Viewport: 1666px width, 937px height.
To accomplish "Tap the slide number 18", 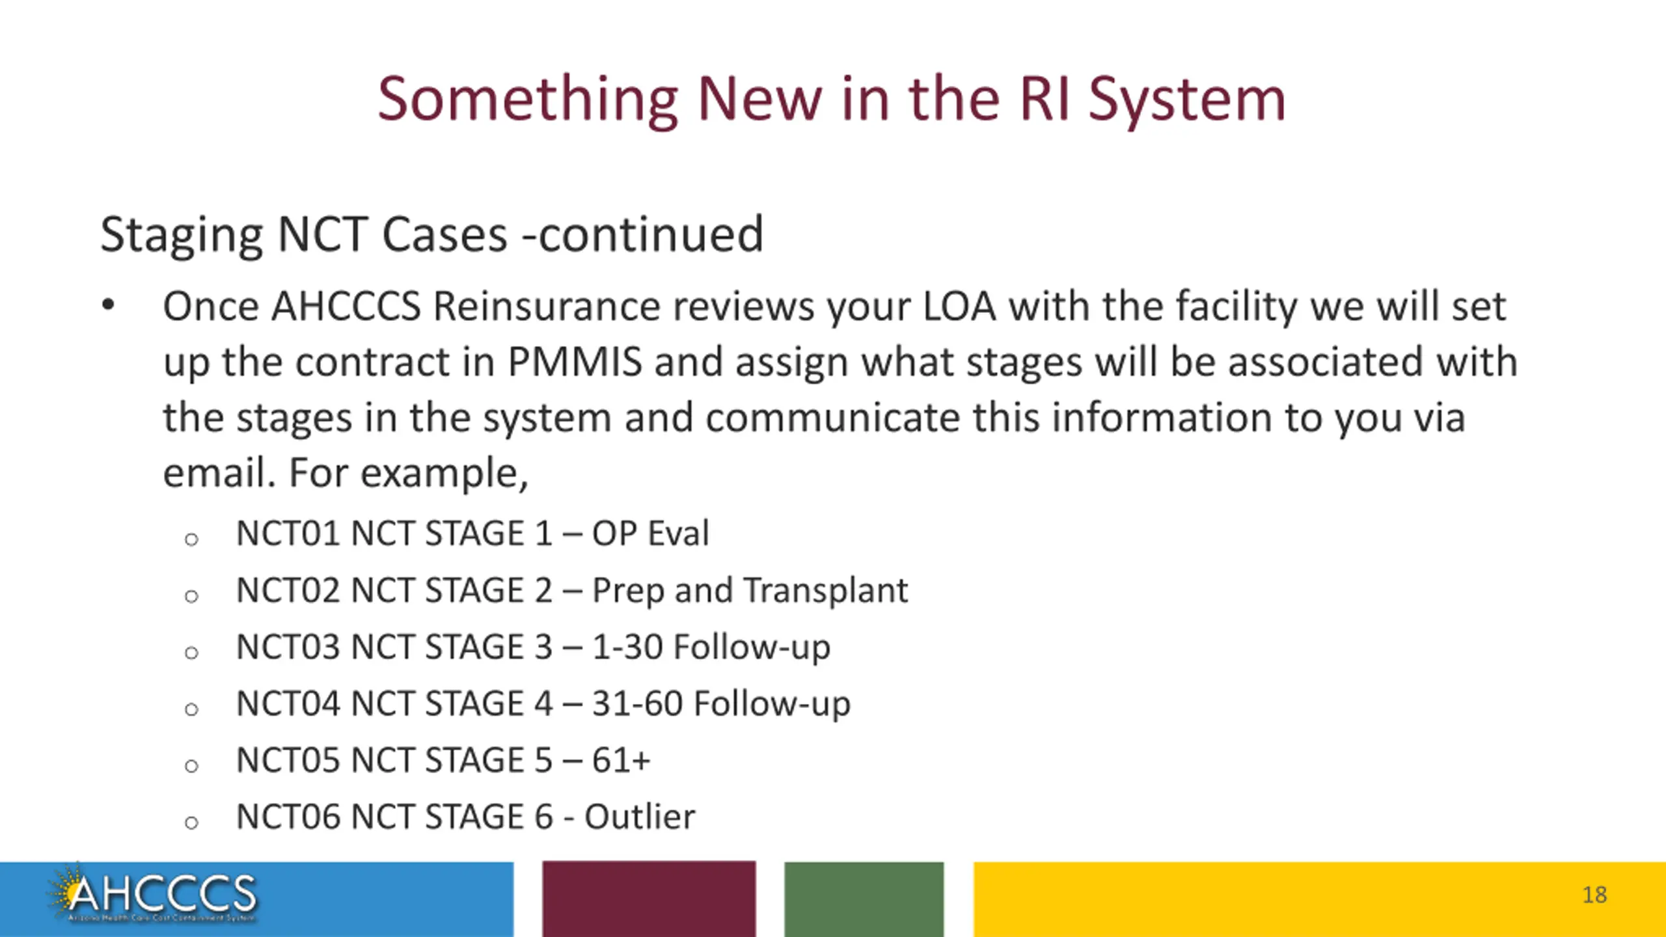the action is coord(1594,895).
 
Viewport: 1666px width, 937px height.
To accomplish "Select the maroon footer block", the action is coord(649,899).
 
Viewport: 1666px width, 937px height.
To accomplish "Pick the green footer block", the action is coord(864,899).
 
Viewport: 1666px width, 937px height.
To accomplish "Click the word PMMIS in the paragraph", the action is coord(575,362).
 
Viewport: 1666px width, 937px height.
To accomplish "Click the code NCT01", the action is coord(288,534).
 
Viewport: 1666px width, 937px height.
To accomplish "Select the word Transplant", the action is coord(825,591).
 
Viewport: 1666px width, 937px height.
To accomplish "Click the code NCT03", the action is coord(288,647).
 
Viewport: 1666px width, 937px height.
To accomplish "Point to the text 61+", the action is coord(621,761).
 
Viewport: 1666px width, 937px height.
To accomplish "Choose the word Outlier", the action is coord(640,817).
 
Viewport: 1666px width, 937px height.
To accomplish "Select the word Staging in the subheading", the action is coord(182,236).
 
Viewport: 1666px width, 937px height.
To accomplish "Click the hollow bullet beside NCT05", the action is coord(191,766).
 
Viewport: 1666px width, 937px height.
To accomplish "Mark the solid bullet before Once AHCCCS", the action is coord(108,305).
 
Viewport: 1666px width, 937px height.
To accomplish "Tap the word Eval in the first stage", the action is coord(678,534).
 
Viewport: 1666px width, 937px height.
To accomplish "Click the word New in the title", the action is coord(759,101).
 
